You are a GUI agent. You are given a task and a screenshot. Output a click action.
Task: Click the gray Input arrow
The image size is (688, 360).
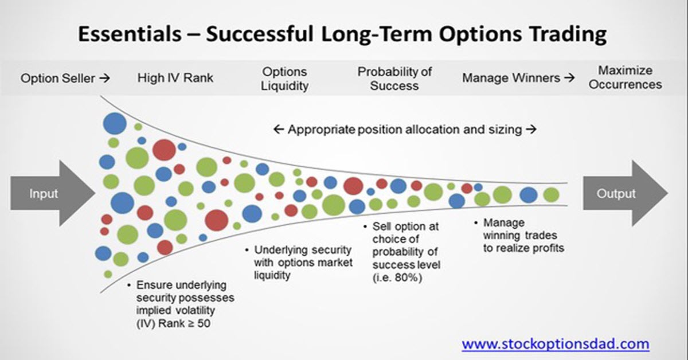(52, 194)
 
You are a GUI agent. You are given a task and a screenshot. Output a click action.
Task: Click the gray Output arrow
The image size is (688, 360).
(625, 194)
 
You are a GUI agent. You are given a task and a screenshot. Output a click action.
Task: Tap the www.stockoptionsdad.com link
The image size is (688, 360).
(556, 344)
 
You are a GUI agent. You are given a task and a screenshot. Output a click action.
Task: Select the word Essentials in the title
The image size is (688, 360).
(130, 34)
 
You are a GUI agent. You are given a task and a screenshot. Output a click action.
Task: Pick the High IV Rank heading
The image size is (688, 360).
(175, 78)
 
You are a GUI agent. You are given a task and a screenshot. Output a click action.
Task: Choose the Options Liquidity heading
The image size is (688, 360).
(285, 79)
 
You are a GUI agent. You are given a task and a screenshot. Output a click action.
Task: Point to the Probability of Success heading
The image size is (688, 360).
(394, 79)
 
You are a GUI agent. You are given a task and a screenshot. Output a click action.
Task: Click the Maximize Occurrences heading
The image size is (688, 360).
(625, 77)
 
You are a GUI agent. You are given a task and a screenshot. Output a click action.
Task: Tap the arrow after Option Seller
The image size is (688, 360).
(105, 79)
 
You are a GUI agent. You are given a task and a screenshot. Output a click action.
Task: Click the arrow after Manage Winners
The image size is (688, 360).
(569, 78)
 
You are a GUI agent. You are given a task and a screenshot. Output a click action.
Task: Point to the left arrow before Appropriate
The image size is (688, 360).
(279, 130)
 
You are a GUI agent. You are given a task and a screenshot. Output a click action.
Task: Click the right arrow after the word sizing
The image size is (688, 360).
(531, 130)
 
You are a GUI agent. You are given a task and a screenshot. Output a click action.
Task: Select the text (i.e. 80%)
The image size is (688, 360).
(397, 277)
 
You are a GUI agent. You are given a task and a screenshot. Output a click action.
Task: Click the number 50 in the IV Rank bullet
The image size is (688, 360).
(204, 323)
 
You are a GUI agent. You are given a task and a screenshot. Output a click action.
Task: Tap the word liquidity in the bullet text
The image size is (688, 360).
(272, 275)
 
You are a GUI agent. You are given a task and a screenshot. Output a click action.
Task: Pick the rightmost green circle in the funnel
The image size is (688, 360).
(552, 195)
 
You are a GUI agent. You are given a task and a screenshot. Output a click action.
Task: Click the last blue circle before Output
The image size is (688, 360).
(529, 195)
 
